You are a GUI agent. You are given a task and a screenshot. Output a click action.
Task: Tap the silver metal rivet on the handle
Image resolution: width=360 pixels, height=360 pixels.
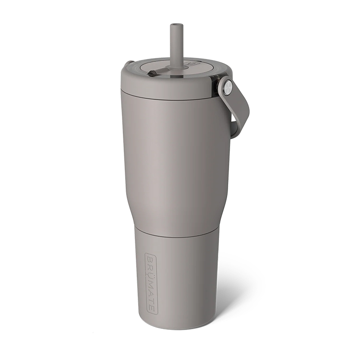[x=228, y=86]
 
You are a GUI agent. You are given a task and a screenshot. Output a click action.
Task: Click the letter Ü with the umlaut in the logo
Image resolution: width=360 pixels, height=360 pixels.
[x=151, y=275]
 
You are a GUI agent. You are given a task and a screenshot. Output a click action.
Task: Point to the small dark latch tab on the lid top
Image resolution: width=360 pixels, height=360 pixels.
[x=152, y=73]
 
